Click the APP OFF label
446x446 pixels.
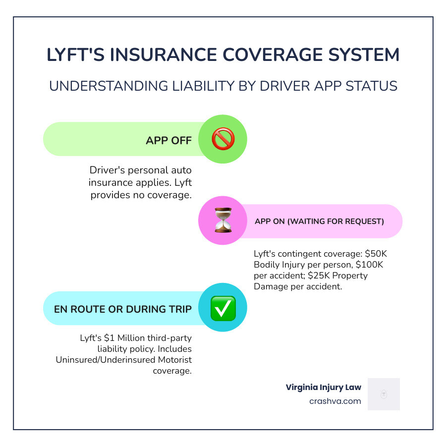(168, 140)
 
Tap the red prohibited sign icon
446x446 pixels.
(223, 139)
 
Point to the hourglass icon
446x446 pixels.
(223, 221)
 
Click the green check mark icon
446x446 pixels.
(223, 308)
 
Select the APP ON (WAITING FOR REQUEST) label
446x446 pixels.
(319, 222)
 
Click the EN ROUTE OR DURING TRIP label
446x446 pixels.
(123, 309)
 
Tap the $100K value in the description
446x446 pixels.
(369, 265)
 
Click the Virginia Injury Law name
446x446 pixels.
(323, 388)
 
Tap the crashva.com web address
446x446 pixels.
(334, 401)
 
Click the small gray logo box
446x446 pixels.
(384, 394)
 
